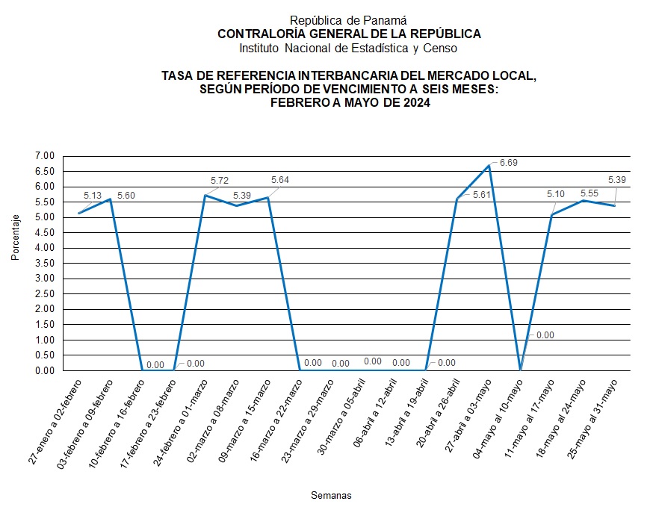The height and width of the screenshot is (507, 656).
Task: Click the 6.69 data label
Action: click(509, 162)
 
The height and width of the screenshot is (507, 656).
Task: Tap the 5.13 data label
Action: click(93, 196)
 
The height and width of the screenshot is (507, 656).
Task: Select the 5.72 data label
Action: click(220, 181)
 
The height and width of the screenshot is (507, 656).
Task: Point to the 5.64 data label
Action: click(279, 180)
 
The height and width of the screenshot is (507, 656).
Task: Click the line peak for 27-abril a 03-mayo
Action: click(489, 166)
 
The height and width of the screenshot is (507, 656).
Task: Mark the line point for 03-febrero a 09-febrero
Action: click(111, 199)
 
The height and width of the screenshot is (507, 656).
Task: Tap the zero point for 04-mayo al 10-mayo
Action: click(520, 370)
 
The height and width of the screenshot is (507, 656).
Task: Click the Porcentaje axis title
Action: click(16, 237)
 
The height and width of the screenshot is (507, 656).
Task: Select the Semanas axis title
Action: click(331, 495)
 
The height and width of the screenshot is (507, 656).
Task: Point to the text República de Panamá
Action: click(348, 20)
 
